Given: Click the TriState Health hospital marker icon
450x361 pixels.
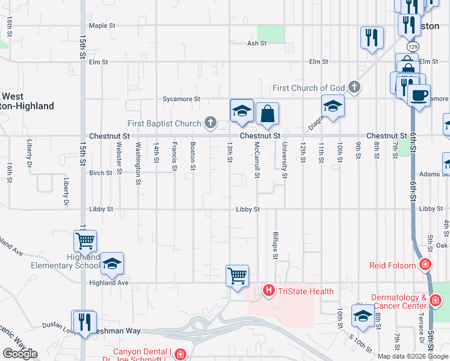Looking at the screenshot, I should pos(268,291).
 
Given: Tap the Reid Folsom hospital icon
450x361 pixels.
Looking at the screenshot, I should pos(425,265).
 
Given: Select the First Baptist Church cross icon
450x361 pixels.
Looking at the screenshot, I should pos(210,123).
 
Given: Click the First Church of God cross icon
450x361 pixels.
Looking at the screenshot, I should pos(354,88).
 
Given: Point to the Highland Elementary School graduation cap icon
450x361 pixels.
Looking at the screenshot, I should pos(112,264).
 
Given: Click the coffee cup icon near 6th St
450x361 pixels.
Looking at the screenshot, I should pos(419,94).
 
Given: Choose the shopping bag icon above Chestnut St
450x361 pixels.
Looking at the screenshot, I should pos(267,113).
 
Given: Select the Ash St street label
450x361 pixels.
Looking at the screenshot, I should pos(256,43).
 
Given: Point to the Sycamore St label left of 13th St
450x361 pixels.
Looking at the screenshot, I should pos(181,99).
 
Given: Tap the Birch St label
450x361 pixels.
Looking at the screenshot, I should pos(100,173).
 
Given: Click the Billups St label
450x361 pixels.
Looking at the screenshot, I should pos(276,247).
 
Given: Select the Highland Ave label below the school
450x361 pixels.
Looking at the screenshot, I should pos(109,282).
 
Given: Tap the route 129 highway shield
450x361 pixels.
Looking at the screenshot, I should pos(412,46).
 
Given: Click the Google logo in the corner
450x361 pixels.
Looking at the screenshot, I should pos(20,354).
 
